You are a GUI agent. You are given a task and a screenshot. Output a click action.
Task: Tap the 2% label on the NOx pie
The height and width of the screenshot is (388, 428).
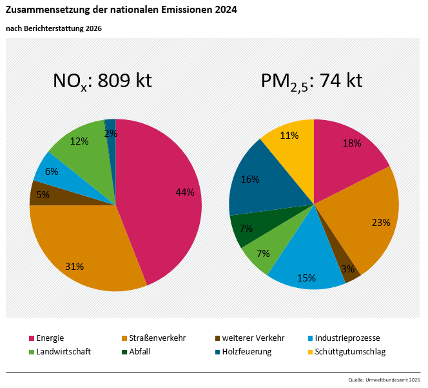[x=110, y=134]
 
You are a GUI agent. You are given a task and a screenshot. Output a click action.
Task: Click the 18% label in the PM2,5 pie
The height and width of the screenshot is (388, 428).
[x=351, y=143]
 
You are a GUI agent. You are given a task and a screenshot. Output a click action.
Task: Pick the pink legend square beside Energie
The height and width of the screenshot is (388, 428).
[x=32, y=338]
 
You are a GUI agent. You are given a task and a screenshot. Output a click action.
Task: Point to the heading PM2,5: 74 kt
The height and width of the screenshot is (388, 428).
[x=311, y=81]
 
